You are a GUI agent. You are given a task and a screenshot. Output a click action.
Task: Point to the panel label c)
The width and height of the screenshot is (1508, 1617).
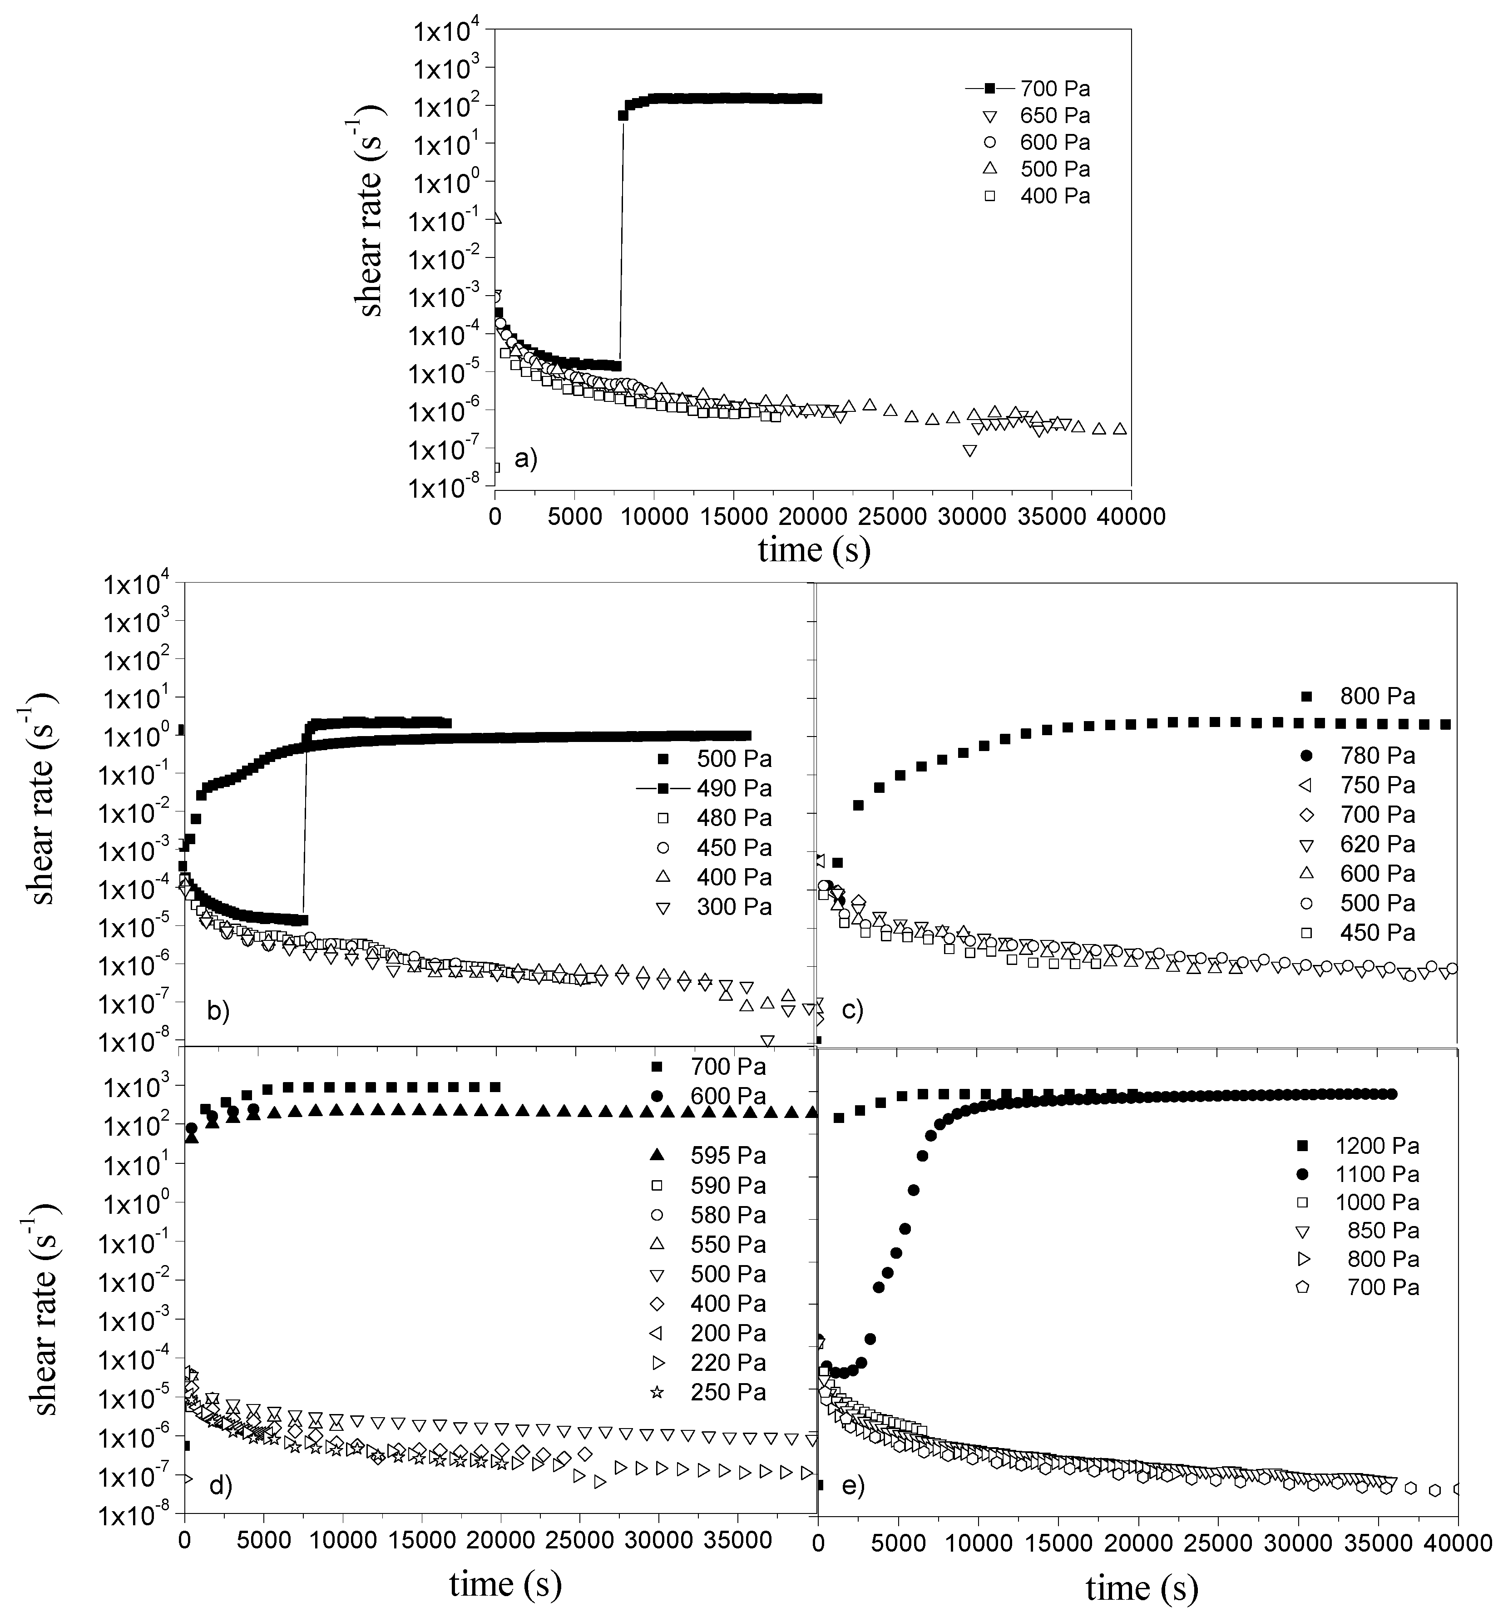pyautogui.click(x=851, y=1011)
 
